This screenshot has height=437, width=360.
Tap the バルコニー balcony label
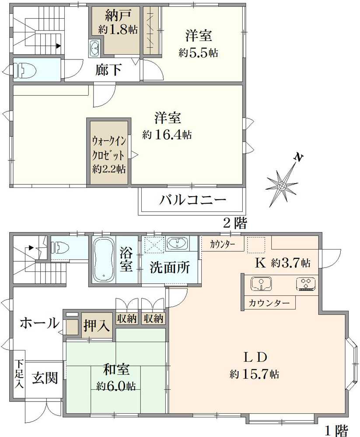[192, 200]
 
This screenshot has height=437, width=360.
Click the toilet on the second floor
[25, 70]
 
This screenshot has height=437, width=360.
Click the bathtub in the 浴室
[104, 259]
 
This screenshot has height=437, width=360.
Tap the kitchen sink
[262, 284]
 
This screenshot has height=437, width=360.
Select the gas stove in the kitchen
[306, 284]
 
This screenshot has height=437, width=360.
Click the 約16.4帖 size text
[167, 135]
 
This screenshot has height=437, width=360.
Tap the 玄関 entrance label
[45, 378]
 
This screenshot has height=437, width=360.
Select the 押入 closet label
[97, 325]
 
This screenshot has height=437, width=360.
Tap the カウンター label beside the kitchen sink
[269, 303]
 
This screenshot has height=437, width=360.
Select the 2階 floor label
[234, 223]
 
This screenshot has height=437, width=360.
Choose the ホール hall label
[39, 323]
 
